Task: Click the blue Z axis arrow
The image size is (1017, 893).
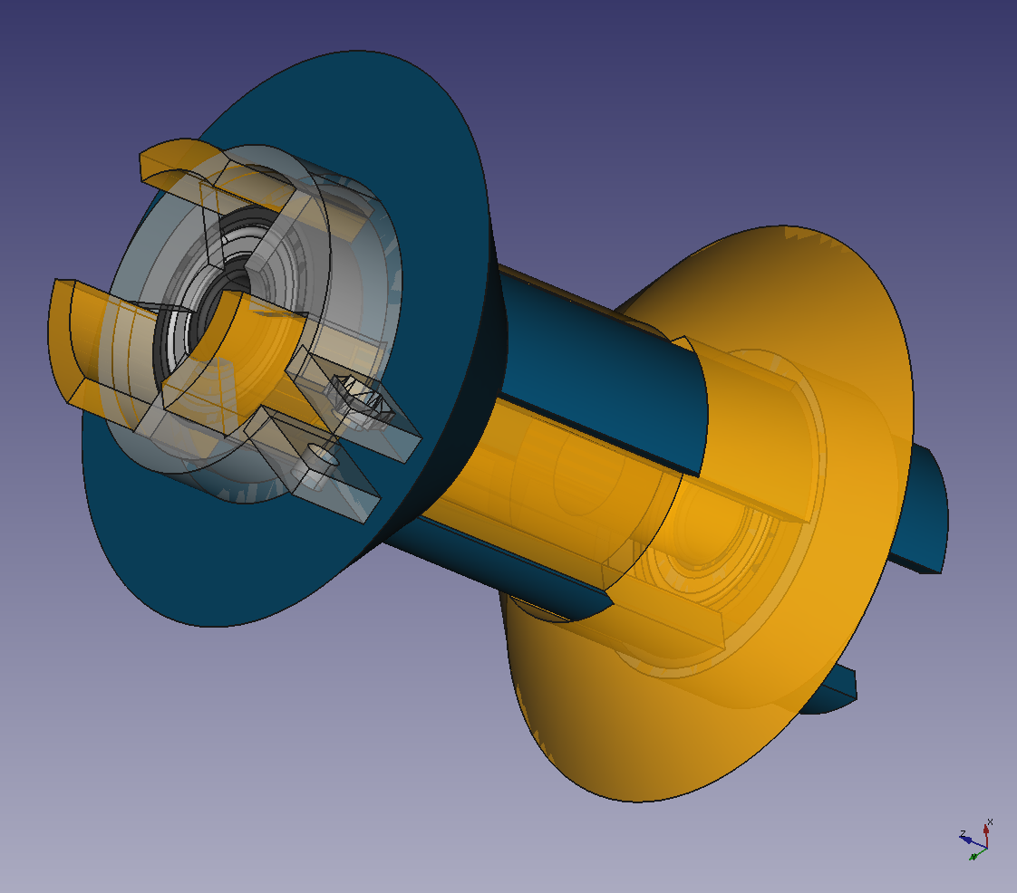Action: [x=969, y=840]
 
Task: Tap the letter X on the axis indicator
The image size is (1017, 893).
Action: [x=990, y=821]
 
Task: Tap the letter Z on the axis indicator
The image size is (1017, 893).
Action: [x=962, y=831]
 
